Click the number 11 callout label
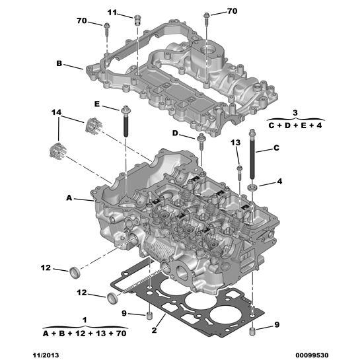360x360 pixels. (112, 13)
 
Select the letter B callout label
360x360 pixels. (59, 65)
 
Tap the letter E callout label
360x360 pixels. (96, 104)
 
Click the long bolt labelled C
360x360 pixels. (253, 159)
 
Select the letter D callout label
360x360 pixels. (176, 133)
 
